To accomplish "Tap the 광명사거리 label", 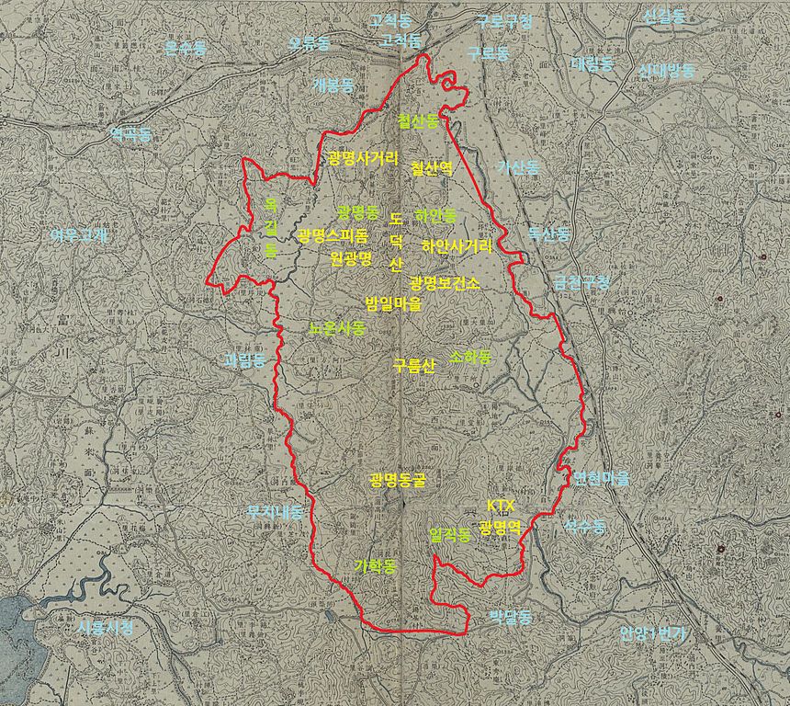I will pyautogui.click(x=363, y=158).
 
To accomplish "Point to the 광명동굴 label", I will pyautogui.click(x=398, y=480).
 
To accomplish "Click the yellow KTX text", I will pyautogui.click(x=501, y=507).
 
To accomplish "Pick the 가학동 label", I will pyautogui.click(x=375, y=566).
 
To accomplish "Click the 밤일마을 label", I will pyautogui.click(x=394, y=303).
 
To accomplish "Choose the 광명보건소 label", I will pyautogui.click(x=446, y=283).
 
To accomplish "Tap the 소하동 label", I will pyautogui.click(x=470, y=357).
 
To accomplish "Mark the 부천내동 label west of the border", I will pyautogui.click(x=275, y=512).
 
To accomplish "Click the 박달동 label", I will pyautogui.click(x=510, y=617).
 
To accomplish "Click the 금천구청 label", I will pyautogui.click(x=581, y=281).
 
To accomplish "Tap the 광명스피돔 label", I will pyautogui.click(x=332, y=236).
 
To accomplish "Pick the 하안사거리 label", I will pyautogui.click(x=457, y=246).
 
